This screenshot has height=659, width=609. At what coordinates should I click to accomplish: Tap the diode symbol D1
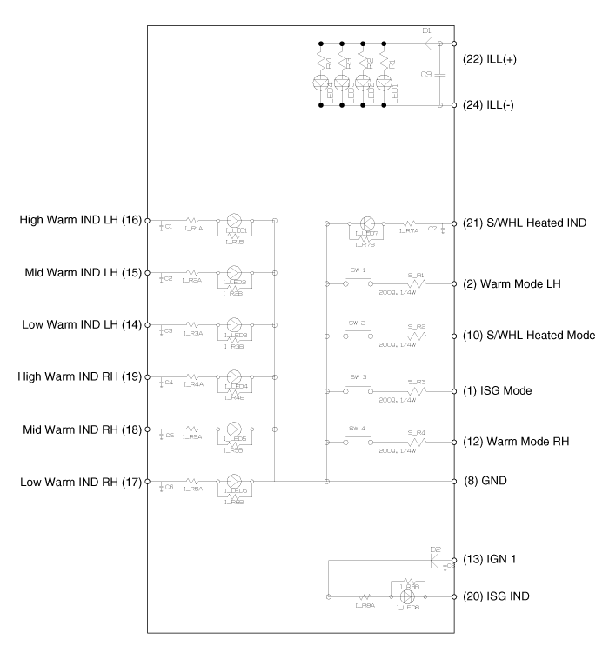tap(426, 41)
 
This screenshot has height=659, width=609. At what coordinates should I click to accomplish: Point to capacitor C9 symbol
tap(440, 74)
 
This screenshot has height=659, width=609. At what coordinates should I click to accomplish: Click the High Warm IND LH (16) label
tap(81, 221)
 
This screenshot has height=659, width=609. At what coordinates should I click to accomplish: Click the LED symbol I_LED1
tap(234, 221)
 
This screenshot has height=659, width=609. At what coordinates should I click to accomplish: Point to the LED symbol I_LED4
tap(234, 377)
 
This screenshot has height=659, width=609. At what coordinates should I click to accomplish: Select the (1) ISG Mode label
tap(500, 391)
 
